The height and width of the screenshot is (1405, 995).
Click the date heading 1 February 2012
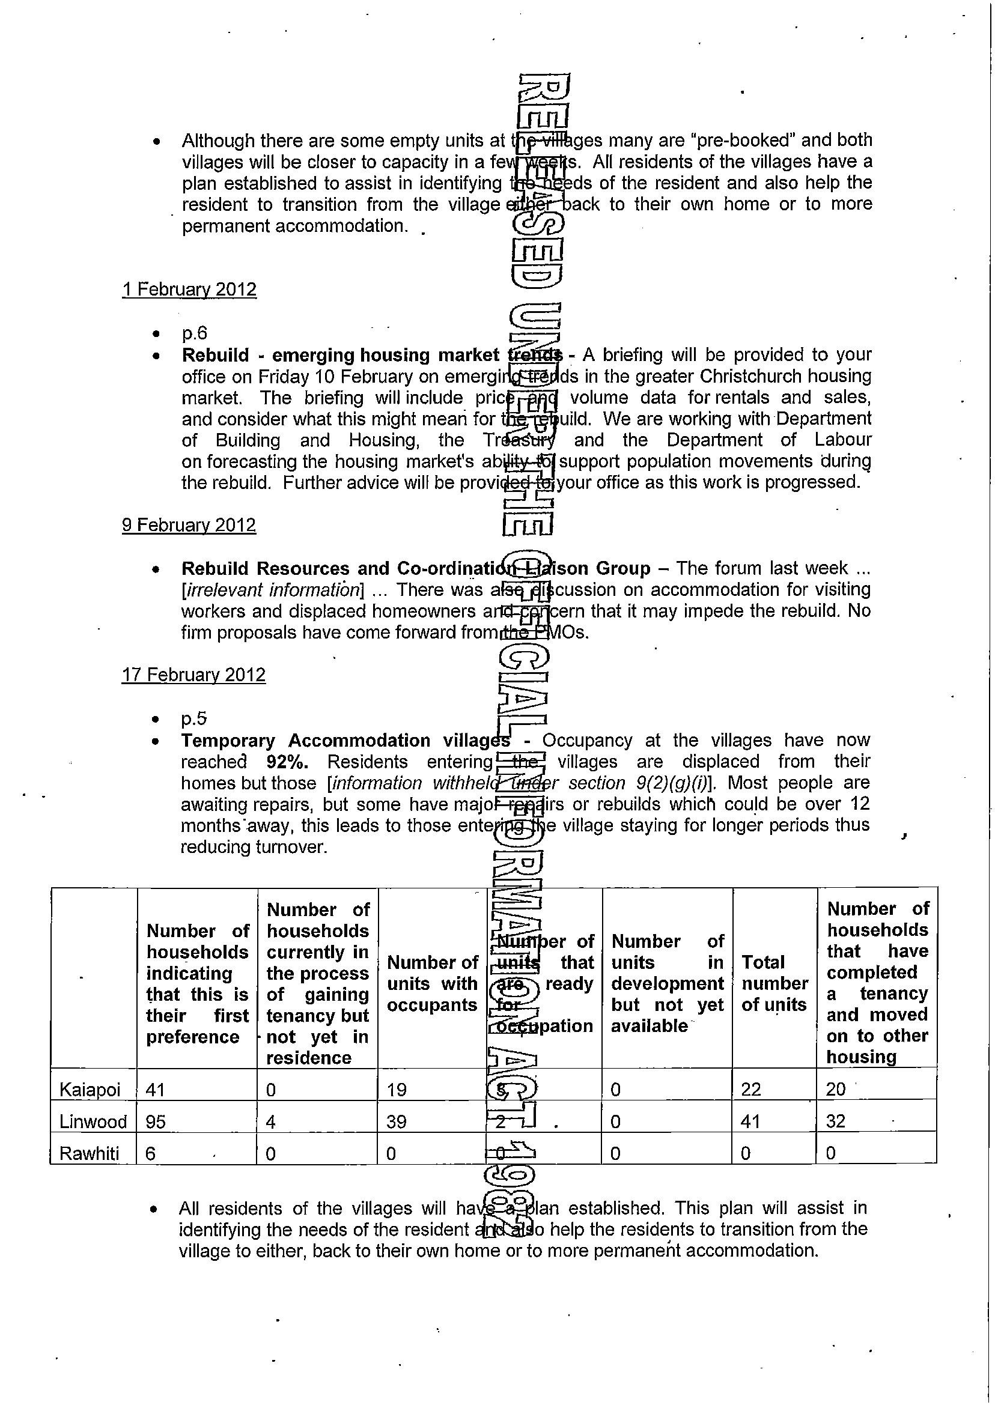(189, 289)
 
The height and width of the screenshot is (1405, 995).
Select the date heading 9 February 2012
(189, 525)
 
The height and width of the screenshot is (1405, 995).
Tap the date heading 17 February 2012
(193, 675)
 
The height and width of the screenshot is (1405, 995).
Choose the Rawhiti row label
(89, 1154)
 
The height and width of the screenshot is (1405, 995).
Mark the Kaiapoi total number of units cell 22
(750, 1089)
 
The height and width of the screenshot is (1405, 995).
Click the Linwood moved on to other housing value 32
(836, 1121)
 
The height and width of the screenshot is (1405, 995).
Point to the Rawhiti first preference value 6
(151, 1154)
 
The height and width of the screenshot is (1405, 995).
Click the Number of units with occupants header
(432, 984)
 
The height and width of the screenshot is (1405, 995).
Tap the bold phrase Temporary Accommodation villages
(345, 741)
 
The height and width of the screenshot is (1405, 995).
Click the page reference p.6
(194, 333)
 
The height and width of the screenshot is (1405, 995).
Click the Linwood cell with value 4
(271, 1121)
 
